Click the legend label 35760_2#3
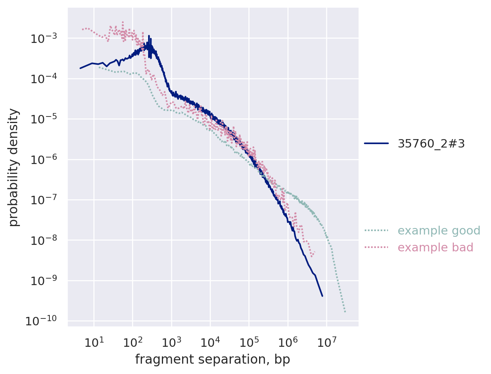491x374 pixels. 431,143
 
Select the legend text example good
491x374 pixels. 439,231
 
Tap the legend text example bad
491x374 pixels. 436,248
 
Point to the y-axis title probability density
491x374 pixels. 14,167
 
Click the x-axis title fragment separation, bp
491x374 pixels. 212,359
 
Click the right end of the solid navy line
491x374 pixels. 322,296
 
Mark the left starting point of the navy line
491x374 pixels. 80,68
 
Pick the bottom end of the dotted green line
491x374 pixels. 345,312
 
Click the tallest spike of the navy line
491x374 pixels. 149,36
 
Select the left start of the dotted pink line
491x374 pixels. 82,30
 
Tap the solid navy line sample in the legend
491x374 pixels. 376,143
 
